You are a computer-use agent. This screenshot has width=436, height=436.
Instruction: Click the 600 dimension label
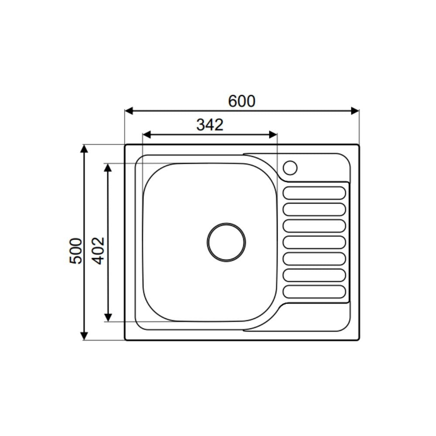242,101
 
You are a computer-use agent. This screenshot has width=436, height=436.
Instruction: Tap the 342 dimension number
210,125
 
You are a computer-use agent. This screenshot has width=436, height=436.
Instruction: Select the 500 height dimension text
76,251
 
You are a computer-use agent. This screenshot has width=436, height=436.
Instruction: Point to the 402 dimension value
99,251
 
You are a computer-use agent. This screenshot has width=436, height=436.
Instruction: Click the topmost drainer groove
314,193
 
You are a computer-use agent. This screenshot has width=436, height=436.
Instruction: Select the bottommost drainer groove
314,292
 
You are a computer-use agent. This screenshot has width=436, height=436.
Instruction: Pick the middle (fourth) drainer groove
314,242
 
